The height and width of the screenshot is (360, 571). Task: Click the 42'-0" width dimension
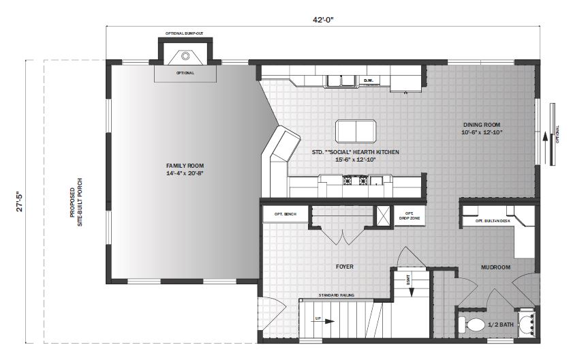[x=323, y=20]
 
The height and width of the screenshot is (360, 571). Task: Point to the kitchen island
[x=355, y=130]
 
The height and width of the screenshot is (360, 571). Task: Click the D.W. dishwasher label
[x=368, y=81]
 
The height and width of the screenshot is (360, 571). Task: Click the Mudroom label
[x=495, y=267]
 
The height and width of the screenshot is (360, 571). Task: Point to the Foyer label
[x=345, y=267]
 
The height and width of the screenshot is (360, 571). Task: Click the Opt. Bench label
[x=285, y=214]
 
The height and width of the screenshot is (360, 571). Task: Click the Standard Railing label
[x=336, y=295]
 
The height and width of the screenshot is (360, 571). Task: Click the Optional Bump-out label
[x=185, y=33]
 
